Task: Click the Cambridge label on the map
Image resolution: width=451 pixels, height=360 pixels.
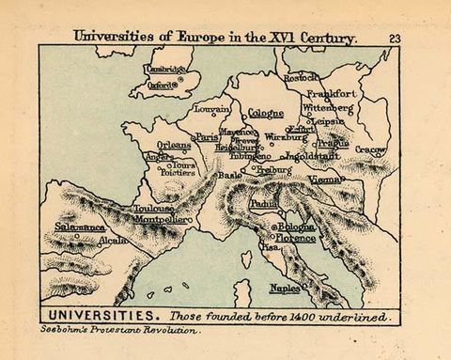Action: tap(165, 69)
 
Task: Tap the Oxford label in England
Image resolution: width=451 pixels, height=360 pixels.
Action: tap(163, 84)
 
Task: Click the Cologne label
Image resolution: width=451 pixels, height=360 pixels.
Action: tap(266, 113)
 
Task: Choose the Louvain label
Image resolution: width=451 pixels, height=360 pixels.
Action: tap(212, 109)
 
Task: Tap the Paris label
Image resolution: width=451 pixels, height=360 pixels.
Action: tap(207, 137)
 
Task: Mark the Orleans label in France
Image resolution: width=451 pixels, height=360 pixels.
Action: tap(173, 146)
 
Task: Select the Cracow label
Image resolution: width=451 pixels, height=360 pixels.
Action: tap(370, 149)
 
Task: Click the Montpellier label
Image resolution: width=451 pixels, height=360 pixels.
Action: tap(163, 219)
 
